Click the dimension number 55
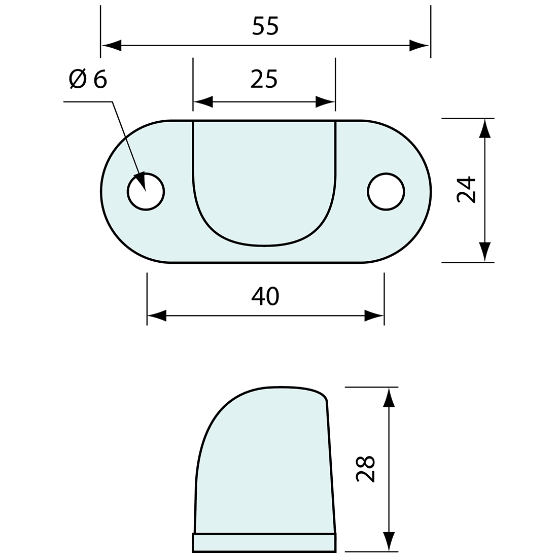click(x=265, y=26)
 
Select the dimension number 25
click(x=264, y=79)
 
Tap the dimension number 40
click(x=265, y=296)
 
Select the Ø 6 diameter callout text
click(x=88, y=79)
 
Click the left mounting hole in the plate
click(x=146, y=192)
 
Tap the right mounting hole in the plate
click(x=386, y=192)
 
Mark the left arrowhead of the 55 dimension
click(x=112, y=45)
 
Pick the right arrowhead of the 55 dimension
click(x=420, y=45)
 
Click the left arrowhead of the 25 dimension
click(x=203, y=102)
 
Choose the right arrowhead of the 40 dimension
click(x=374, y=316)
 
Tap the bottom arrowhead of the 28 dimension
click(x=389, y=541)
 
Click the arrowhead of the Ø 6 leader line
click(x=140, y=181)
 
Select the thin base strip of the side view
click(x=264, y=542)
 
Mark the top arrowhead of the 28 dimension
click(x=389, y=397)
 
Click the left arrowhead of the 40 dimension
click(x=157, y=316)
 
